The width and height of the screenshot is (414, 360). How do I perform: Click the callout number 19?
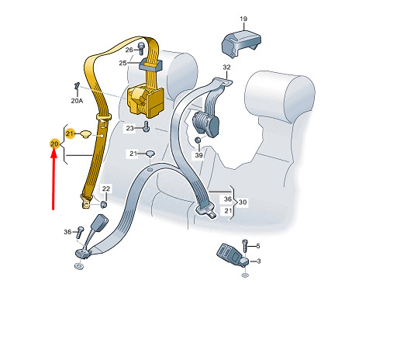[243, 19]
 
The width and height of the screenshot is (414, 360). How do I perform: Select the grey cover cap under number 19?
[241, 43]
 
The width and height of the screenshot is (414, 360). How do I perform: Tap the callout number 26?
[129, 50]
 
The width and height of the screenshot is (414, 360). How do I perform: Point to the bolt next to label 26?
[142, 48]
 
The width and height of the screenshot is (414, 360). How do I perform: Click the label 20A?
[77, 101]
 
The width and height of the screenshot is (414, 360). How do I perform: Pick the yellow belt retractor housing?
[146, 100]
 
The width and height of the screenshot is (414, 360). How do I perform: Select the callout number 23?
[129, 128]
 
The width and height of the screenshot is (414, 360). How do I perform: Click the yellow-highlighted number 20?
[54, 144]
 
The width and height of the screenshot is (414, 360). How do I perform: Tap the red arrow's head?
[53, 154]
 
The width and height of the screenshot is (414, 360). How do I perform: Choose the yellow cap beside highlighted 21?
[85, 134]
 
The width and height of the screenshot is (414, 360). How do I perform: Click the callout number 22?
[106, 189]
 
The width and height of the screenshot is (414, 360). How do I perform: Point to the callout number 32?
[226, 67]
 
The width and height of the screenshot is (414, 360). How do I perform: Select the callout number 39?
[198, 155]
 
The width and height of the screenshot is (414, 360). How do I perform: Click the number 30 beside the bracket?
[243, 202]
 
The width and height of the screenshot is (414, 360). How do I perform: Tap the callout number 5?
[258, 246]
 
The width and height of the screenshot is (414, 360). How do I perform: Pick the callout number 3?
[259, 261]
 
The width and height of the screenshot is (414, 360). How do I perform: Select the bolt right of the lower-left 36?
[80, 232]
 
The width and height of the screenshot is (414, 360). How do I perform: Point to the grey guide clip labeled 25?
[151, 64]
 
